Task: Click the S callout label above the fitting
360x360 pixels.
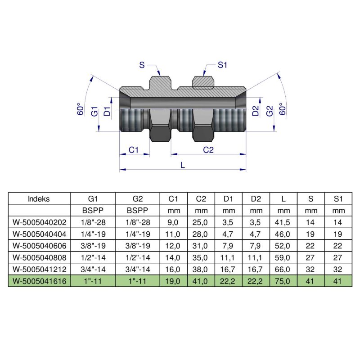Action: point(142,65)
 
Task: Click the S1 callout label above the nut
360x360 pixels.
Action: point(222,65)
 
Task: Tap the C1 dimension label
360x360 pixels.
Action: point(133,150)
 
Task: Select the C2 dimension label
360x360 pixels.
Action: point(208,150)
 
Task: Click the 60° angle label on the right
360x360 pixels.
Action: point(283,109)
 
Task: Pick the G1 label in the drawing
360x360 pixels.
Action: point(94,111)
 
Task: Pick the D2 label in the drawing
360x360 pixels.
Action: point(256,111)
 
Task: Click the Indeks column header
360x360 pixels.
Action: point(39,198)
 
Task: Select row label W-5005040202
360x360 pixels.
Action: point(39,222)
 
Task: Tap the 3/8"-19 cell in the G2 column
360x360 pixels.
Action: point(138,245)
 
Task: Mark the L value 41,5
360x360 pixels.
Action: point(283,222)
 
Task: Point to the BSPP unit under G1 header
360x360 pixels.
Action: point(93,210)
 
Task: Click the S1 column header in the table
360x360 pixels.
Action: point(337,198)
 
